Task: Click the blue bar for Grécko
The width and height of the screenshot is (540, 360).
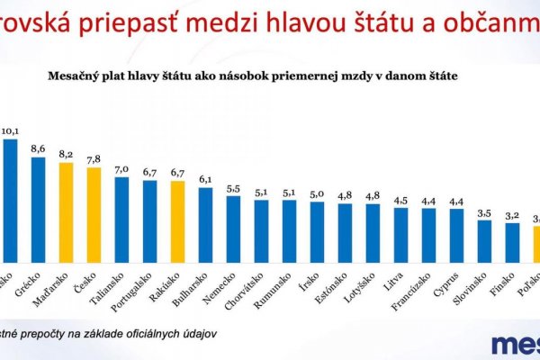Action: pos(38,208)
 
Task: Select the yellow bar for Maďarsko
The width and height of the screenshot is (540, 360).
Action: pos(66,211)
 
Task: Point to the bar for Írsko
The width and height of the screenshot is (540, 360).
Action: pos(317,230)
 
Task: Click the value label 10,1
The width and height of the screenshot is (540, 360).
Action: pos(10,130)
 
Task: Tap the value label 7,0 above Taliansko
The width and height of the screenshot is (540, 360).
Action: pos(121,168)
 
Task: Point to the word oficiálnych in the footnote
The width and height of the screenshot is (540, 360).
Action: pos(142,333)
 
